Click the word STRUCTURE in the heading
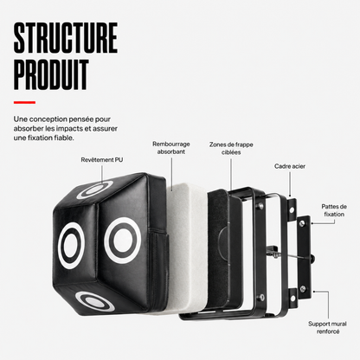(x=66, y=38)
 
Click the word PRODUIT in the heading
(x=51, y=74)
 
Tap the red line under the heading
(x=24, y=102)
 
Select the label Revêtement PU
(x=102, y=160)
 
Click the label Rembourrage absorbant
(x=171, y=148)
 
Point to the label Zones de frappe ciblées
(x=231, y=148)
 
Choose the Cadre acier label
(x=290, y=166)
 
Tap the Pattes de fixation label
(x=334, y=210)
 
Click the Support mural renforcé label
(x=328, y=327)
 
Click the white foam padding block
(x=187, y=248)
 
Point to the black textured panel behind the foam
(x=218, y=248)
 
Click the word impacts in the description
(x=70, y=129)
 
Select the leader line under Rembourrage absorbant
(x=172, y=174)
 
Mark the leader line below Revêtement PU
(x=102, y=174)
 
